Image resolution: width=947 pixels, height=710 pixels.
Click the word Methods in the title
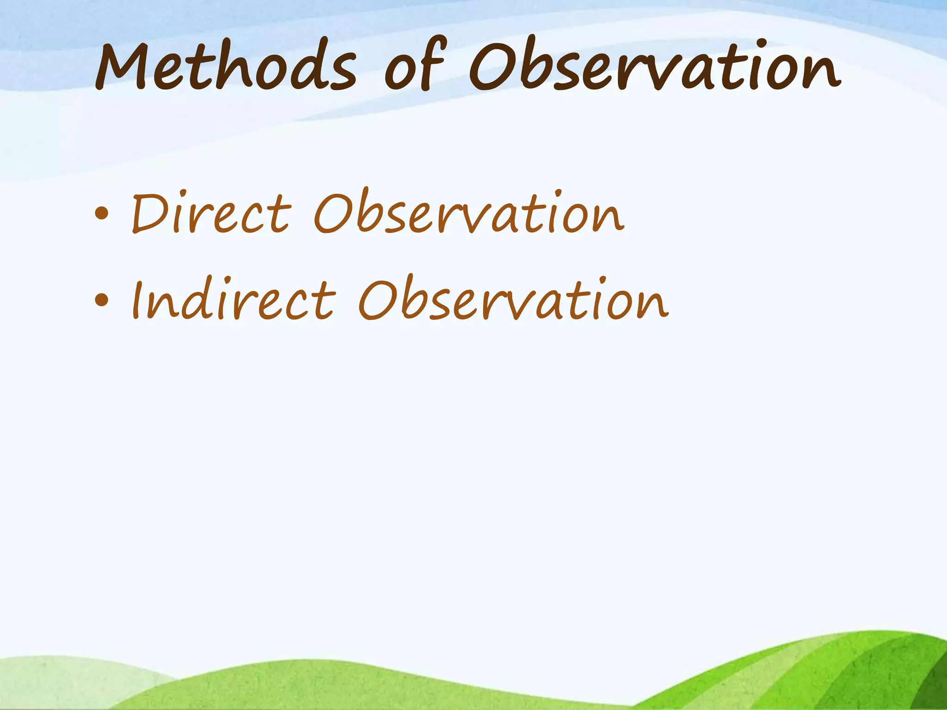(226, 67)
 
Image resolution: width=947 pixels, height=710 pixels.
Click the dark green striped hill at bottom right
(879, 670)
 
